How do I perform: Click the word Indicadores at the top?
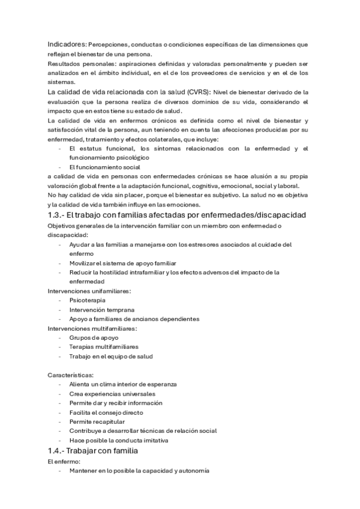coord(67,44)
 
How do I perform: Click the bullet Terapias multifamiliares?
coord(104,347)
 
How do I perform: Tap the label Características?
coord(70,375)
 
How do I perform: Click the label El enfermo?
coord(63,462)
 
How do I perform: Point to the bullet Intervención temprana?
coord(101,309)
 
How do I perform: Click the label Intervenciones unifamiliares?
coord(89,291)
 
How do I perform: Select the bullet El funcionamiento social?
coord(104,166)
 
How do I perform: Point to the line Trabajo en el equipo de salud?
coord(111,356)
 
